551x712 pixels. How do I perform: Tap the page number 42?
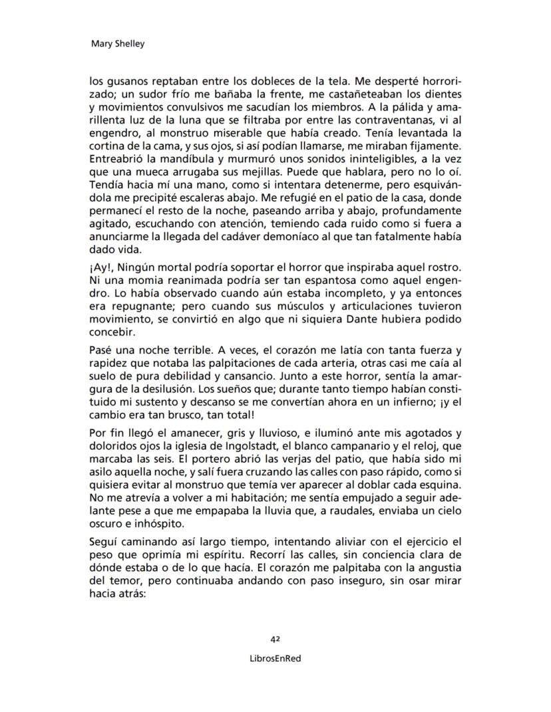point(275,638)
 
